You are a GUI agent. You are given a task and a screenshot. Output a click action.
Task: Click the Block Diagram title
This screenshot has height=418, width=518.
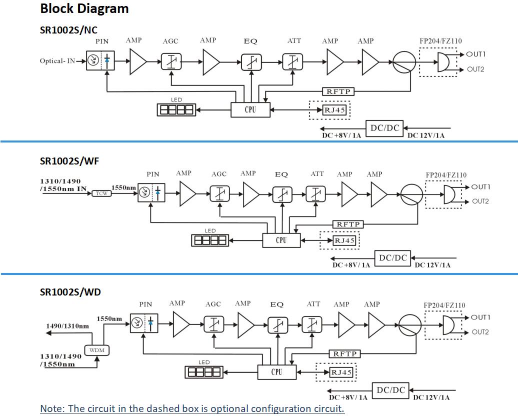pyautogui.click(x=84, y=8)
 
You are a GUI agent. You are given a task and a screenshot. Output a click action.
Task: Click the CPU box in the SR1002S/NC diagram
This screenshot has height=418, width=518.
pyautogui.click(x=250, y=109)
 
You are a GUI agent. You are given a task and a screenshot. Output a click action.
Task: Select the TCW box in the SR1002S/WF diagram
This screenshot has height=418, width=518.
pyautogui.click(x=101, y=193)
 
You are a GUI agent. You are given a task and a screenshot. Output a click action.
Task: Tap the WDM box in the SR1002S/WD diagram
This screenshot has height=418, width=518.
pyautogui.click(x=97, y=350)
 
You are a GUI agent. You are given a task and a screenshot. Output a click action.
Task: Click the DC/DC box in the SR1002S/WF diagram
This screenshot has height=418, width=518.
pyautogui.click(x=393, y=258)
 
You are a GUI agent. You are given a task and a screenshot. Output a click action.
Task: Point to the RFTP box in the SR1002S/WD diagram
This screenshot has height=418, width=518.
pyautogui.click(x=345, y=354)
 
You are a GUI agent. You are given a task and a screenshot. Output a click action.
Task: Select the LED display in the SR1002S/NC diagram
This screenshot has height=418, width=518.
pyautogui.click(x=176, y=109)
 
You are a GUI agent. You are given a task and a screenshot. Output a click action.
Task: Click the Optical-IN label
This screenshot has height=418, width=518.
pyautogui.click(x=57, y=61)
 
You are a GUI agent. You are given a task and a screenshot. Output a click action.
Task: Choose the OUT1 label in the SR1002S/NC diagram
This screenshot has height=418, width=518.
pyautogui.click(x=476, y=54)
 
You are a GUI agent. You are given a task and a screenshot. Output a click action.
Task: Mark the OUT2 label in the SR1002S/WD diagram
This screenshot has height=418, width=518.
pyautogui.click(x=480, y=332)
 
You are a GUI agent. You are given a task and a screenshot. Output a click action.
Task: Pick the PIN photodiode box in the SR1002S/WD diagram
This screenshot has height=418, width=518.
pyautogui.click(x=144, y=323)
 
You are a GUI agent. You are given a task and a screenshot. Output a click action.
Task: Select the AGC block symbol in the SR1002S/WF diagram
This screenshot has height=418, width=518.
pyautogui.click(x=219, y=194)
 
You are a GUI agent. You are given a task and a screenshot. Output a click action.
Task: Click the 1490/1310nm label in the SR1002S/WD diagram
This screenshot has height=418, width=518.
pyautogui.click(x=67, y=326)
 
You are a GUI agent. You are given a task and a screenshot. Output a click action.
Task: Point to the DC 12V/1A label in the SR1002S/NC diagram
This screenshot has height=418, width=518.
pyautogui.click(x=425, y=135)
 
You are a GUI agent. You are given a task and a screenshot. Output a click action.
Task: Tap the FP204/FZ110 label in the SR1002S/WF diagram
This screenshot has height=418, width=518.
pyautogui.click(x=446, y=175)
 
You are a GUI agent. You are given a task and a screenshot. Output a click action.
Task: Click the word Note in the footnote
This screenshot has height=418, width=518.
pyautogui.click(x=51, y=408)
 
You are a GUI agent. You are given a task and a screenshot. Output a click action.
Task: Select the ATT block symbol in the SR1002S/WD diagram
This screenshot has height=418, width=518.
pyautogui.click(x=312, y=325)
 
